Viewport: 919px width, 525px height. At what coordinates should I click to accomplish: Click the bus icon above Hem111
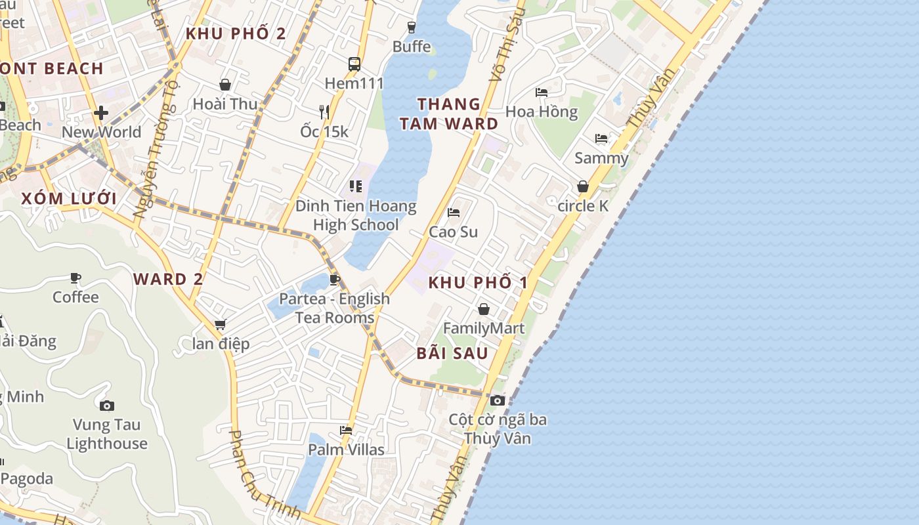pos(354,64)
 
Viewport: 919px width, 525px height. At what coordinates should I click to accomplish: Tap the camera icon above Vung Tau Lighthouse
pos(106,406)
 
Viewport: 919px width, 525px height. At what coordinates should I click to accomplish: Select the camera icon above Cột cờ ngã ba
pos(498,400)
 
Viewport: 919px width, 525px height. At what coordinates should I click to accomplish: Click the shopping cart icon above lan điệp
pos(221,324)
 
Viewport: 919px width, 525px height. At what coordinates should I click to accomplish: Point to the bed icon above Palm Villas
pos(346,430)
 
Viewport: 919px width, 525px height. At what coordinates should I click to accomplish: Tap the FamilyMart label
pos(484,328)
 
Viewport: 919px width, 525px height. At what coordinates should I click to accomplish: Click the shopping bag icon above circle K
pos(583,187)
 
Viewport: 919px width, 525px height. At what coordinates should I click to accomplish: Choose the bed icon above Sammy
pos(601,138)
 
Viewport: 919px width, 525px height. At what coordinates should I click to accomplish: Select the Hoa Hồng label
pos(542,112)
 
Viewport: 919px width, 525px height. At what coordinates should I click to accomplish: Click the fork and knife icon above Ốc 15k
pos(324,112)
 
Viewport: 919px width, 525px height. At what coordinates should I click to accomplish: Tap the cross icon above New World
pos(101,113)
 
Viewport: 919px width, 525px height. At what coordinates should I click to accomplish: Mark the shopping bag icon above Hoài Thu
pos(225,85)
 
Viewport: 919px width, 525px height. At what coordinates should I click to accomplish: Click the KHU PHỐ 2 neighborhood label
pos(236,34)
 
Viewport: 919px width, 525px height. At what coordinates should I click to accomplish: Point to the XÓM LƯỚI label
pos(69,199)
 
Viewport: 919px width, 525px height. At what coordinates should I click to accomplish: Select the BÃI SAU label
pos(452,353)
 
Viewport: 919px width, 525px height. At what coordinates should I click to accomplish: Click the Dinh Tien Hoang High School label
pos(356,215)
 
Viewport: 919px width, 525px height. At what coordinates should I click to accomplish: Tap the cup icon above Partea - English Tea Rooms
pos(334,280)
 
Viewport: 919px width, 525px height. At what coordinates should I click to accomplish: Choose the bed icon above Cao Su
pos(453,213)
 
